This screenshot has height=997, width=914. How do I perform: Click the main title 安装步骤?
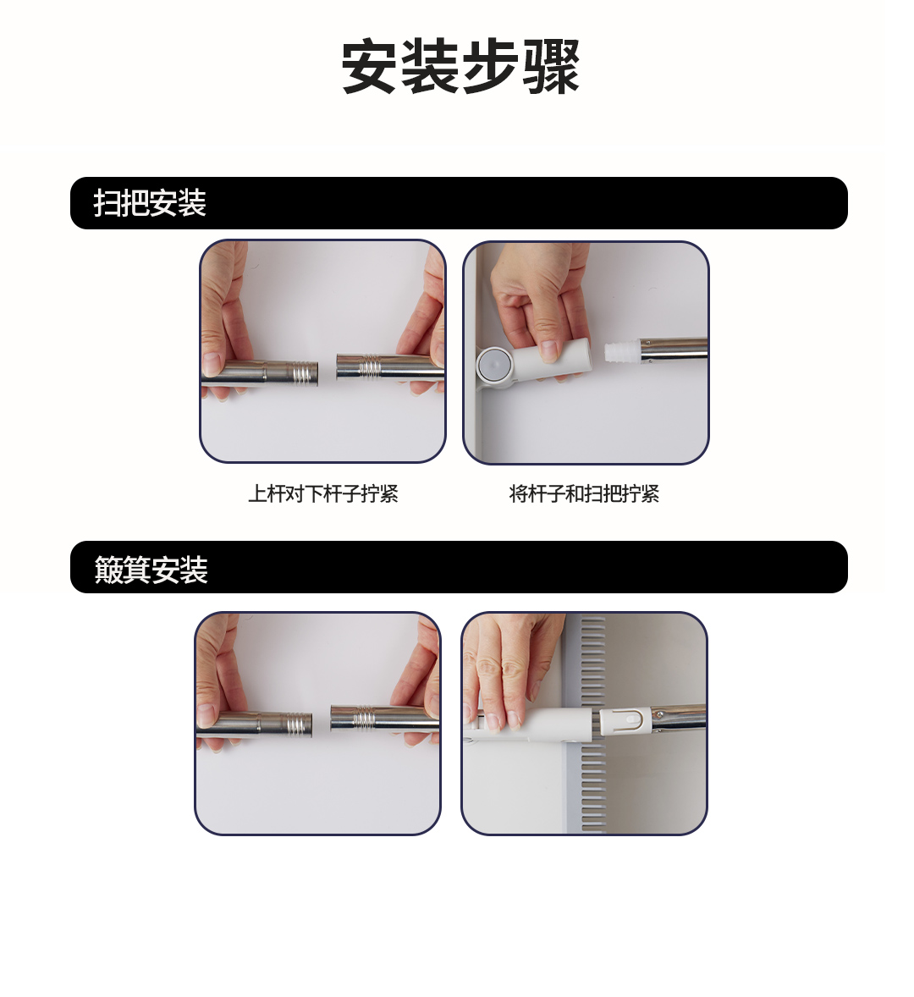pyautogui.click(x=461, y=67)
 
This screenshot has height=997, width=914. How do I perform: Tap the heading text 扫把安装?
pyautogui.click(x=150, y=203)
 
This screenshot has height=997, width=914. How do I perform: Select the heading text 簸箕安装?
pyautogui.click(x=151, y=569)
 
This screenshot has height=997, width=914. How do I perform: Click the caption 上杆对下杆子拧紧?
pyautogui.click(x=323, y=493)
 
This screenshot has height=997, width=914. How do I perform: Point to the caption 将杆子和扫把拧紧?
pyautogui.click(x=584, y=493)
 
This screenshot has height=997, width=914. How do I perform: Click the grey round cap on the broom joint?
pyautogui.click(x=494, y=364)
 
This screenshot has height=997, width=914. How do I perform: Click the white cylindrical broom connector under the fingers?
pyautogui.click(x=550, y=359)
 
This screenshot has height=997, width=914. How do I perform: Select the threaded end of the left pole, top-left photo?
pyautogui.click(x=304, y=372)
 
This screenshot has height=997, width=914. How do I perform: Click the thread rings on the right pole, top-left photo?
pyautogui.click(x=371, y=366)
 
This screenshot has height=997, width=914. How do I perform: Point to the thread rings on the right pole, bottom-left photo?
pyautogui.click(x=365, y=718)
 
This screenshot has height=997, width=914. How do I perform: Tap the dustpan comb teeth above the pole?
pyautogui.click(x=593, y=660)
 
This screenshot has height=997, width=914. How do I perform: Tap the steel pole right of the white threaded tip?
pyautogui.click(x=674, y=349)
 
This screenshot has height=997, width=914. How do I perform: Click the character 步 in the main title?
pyautogui.click(x=490, y=67)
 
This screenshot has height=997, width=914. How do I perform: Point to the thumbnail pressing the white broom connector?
pyautogui.click(x=548, y=351)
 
